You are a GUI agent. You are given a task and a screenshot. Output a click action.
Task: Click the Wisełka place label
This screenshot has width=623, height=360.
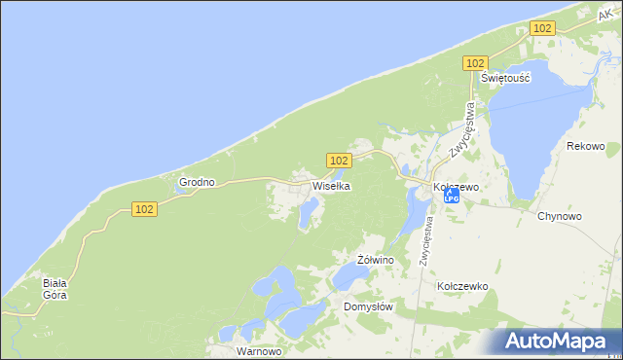(x=331, y=186)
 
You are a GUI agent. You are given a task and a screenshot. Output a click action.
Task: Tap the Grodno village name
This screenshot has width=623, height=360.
(x=196, y=182)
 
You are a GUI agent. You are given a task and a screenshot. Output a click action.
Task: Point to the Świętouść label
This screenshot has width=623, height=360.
(x=505, y=79)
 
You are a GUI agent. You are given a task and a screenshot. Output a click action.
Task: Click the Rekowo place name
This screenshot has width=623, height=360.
(x=586, y=146)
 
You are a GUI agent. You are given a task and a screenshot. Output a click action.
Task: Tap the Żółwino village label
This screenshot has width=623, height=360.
(x=375, y=261)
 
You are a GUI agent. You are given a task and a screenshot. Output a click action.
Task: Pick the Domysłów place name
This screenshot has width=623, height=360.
(x=368, y=306)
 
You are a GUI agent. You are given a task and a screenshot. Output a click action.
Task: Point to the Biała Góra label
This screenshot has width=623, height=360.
(x=55, y=289)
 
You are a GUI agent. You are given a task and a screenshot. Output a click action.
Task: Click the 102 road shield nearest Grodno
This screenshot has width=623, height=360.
(x=143, y=209)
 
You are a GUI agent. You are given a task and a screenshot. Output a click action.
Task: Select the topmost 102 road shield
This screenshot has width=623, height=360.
(x=543, y=29)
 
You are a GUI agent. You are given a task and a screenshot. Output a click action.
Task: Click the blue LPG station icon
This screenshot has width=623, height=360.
(x=451, y=197)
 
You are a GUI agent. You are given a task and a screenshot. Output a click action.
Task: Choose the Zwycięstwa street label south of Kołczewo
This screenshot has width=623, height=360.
(x=426, y=239)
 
